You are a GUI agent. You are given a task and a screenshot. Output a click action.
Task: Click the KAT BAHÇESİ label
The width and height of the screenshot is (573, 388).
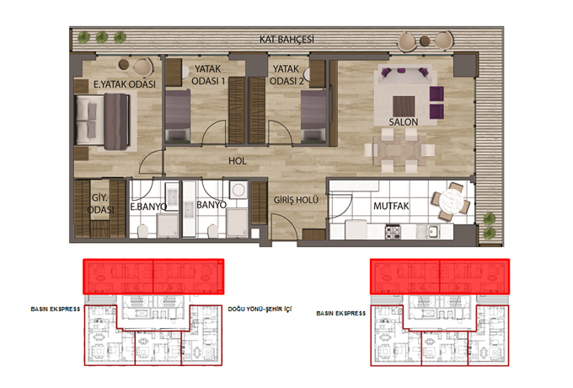tap(286, 39)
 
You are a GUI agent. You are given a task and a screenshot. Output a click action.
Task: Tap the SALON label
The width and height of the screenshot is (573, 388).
tap(403, 121)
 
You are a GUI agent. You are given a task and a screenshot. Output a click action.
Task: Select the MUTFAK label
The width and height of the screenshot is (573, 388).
tap(391, 207)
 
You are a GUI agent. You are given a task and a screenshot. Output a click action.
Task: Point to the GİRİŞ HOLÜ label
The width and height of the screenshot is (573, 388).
tap(296, 200)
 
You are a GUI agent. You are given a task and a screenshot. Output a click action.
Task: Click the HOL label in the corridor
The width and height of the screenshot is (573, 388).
tap(237, 160)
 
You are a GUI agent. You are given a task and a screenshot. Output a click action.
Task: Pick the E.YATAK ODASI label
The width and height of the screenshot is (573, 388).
tap(124, 84)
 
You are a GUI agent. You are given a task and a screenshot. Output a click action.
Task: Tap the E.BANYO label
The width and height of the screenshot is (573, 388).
tap(148, 207)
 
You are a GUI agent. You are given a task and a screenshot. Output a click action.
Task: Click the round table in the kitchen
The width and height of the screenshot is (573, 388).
tap(450, 201)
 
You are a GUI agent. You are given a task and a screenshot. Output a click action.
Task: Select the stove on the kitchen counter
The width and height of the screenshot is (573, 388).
tap(393, 232)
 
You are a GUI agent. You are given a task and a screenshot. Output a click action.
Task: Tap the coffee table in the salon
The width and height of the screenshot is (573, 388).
tap(404, 105)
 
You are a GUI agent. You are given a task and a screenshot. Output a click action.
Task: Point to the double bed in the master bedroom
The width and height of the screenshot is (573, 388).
tap(103, 121)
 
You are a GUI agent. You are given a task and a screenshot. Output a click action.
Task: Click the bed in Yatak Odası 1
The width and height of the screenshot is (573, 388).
tap(178, 116)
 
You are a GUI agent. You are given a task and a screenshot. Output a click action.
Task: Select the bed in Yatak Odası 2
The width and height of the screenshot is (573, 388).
tap(313, 116)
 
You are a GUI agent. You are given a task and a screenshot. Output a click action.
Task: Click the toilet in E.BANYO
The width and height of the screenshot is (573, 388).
tap(142, 231)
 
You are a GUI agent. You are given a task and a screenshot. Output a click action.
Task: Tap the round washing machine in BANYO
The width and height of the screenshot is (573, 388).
tap(238, 190)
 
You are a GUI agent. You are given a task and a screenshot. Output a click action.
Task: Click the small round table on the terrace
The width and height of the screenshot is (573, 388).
tap(425, 40)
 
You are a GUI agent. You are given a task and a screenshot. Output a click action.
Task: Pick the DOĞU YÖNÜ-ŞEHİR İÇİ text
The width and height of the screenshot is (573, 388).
tap(260, 309)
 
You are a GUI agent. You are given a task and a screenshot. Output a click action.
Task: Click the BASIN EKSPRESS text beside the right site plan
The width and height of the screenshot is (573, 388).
tap(341, 314)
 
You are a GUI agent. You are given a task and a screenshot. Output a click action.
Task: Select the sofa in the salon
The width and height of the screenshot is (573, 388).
tap(405, 74)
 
